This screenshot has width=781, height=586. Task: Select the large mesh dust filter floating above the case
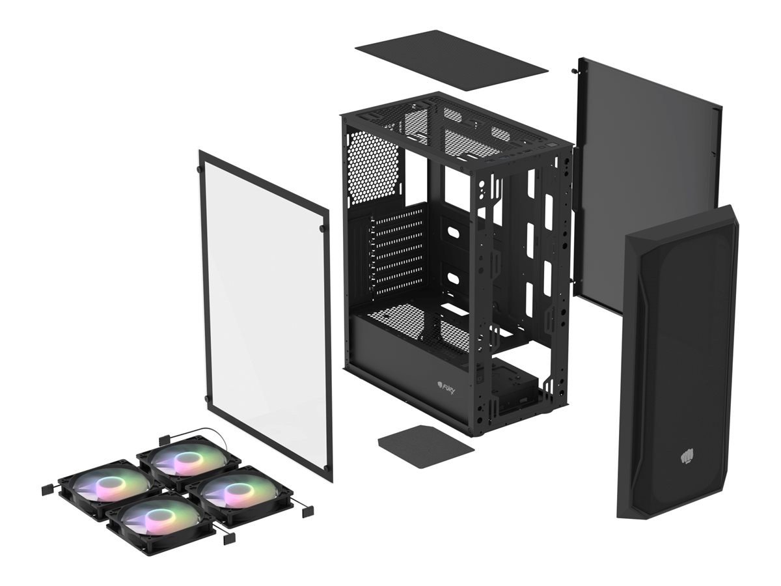tap(450, 60)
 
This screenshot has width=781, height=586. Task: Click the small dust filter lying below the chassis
tap(426, 446)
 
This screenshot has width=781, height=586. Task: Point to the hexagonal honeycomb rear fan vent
tap(372, 166)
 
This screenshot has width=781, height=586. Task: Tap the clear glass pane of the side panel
tap(265, 313)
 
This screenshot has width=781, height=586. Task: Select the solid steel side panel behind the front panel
tap(644, 163)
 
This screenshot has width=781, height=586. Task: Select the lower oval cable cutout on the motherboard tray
tap(454, 278)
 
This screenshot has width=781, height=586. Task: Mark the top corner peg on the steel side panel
tap(573, 70)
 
